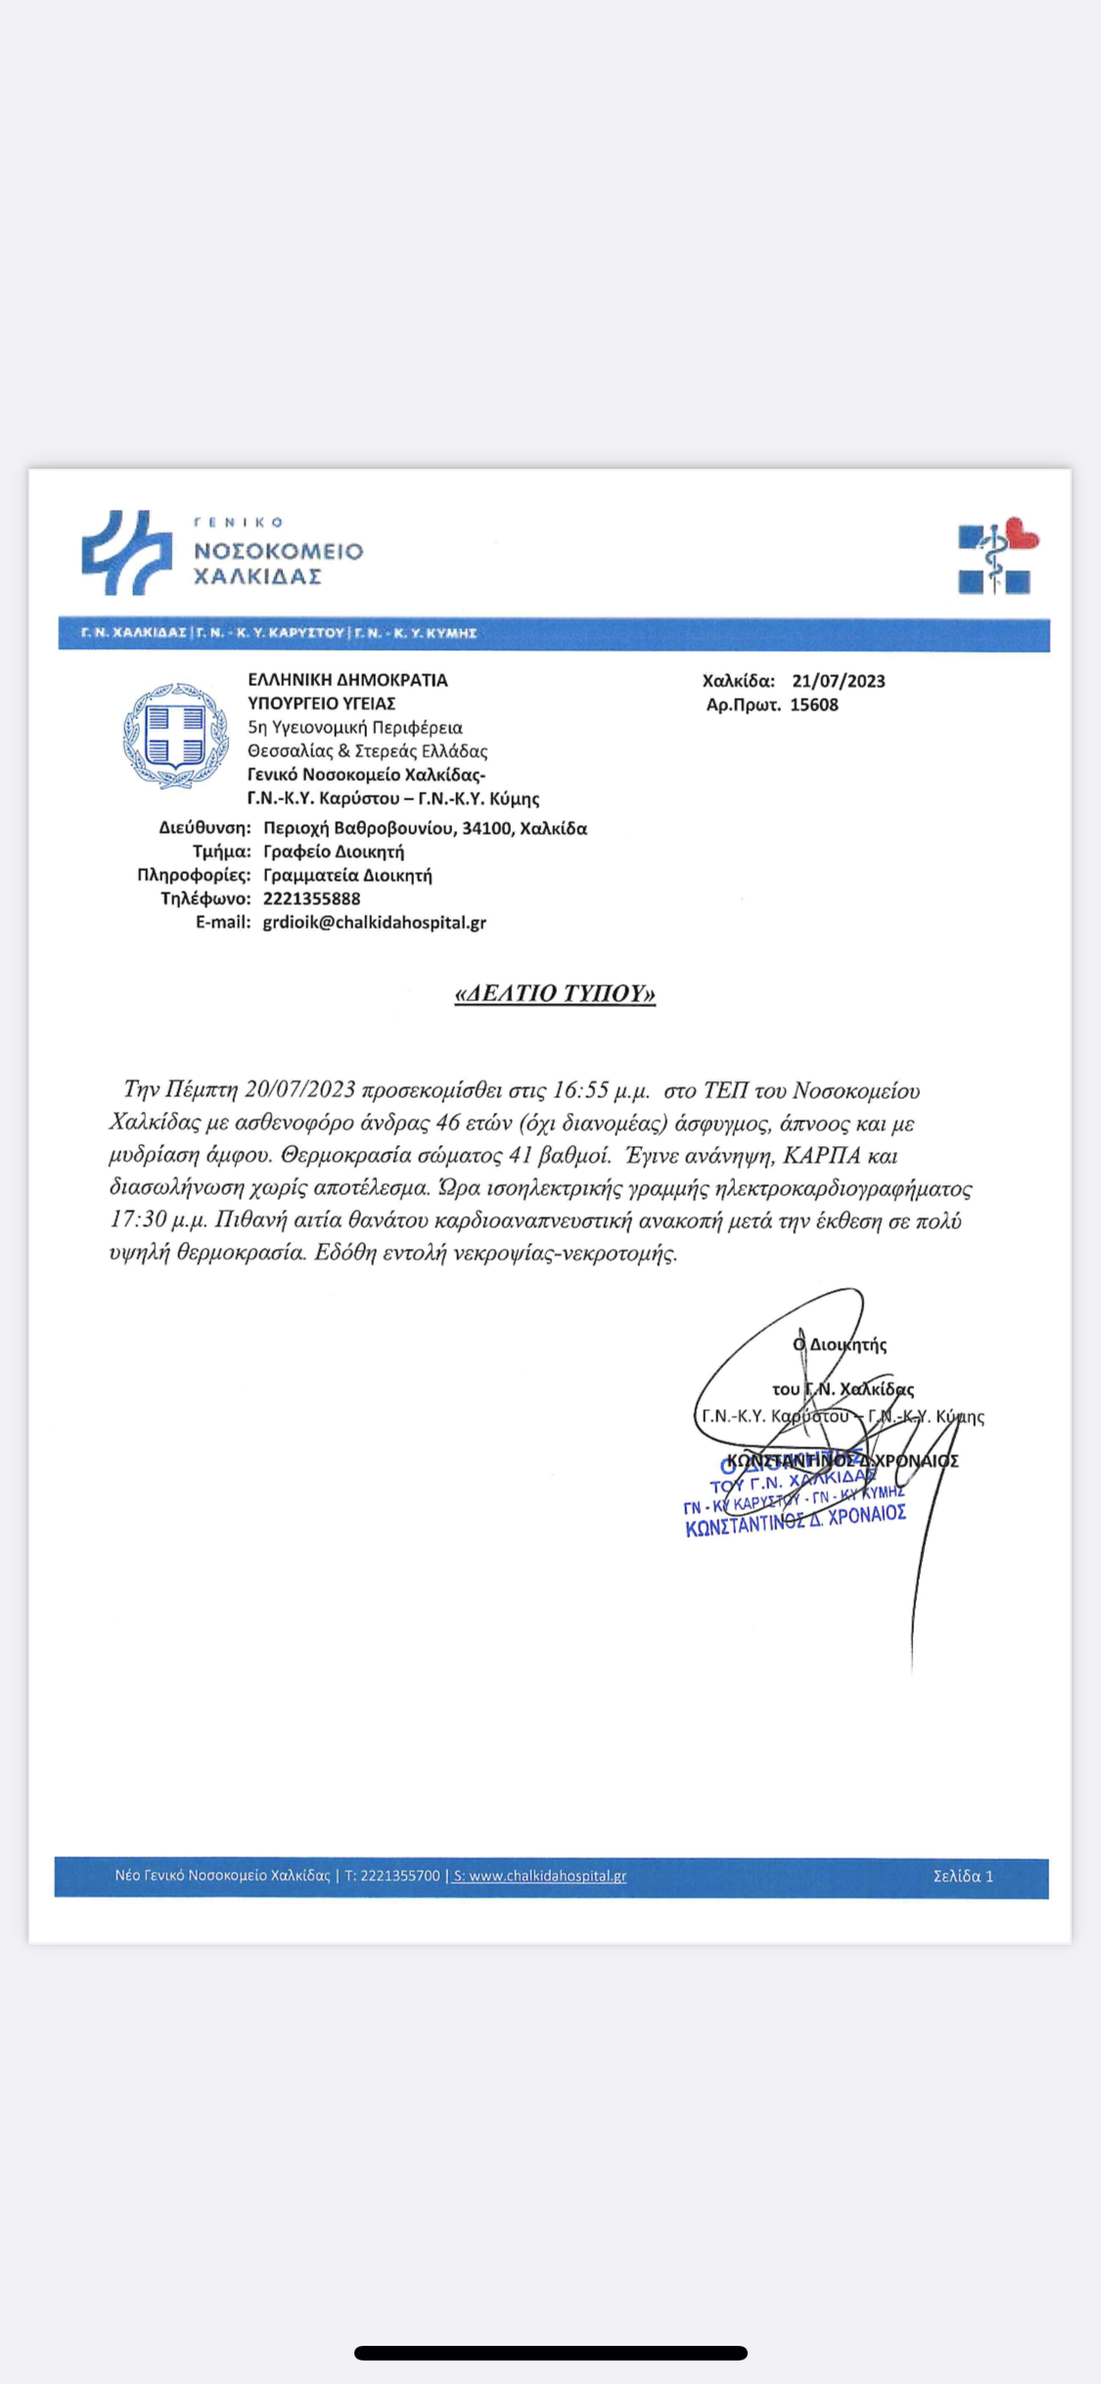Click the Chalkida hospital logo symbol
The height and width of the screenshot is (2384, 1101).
pos(126,552)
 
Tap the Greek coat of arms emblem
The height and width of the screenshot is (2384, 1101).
pos(175,736)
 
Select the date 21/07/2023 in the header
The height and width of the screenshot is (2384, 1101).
pos(838,681)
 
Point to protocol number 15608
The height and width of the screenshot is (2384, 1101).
pos(814,705)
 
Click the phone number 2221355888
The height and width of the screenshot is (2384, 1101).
pos(311,898)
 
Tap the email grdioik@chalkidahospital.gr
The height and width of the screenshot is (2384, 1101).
pos(374,922)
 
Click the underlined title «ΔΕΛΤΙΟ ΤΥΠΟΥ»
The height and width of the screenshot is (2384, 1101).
pos(555,993)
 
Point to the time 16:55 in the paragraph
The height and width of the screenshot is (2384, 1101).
pos(581,1090)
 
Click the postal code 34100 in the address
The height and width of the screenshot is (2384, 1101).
pos(486,828)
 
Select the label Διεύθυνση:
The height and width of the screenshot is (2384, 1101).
pos(205,828)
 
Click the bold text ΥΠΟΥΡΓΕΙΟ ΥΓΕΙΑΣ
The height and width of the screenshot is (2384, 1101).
pos(321,704)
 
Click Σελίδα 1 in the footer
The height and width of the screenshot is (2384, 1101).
pos(962,1876)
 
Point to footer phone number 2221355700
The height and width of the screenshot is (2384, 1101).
pos(399,1876)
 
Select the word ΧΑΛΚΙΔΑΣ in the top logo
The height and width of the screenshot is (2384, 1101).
pos(257,576)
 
